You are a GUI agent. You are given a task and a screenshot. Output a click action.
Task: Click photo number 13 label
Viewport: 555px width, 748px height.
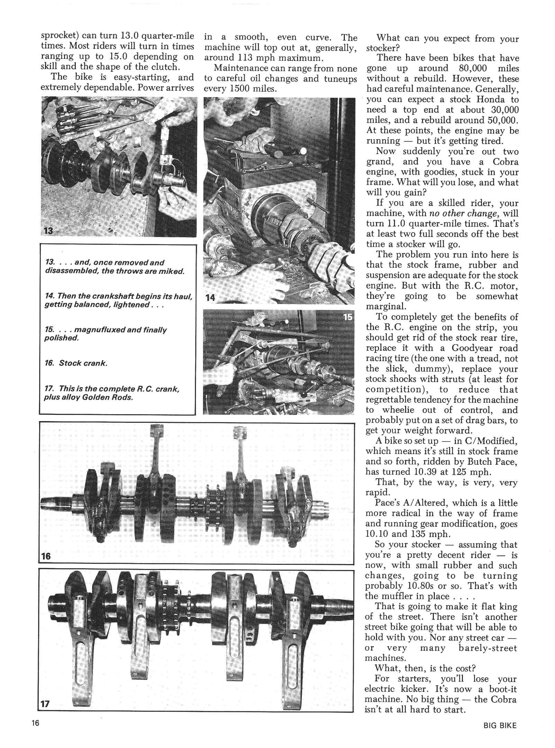(48, 230)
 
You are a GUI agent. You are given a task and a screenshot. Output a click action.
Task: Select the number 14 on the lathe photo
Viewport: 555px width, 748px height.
(210, 297)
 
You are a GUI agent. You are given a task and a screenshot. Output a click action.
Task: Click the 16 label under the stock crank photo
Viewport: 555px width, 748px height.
(45, 556)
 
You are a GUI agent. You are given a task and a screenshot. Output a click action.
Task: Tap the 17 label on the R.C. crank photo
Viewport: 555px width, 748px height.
(45, 704)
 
